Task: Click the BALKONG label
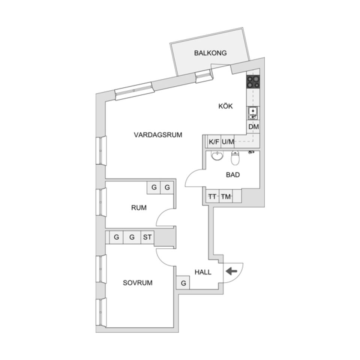210,53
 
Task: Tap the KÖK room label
225,106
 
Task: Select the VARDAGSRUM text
158,135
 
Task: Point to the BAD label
232,175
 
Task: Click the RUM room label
139,208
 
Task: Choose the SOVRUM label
138,283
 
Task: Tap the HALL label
202,272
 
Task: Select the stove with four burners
253,82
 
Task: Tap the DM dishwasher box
253,127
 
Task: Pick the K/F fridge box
214,142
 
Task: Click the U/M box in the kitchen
228,142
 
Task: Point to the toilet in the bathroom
235,159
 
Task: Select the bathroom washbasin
217,156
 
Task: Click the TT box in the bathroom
213,196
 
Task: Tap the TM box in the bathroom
226,196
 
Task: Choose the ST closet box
147,237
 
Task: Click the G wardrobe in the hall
183,283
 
